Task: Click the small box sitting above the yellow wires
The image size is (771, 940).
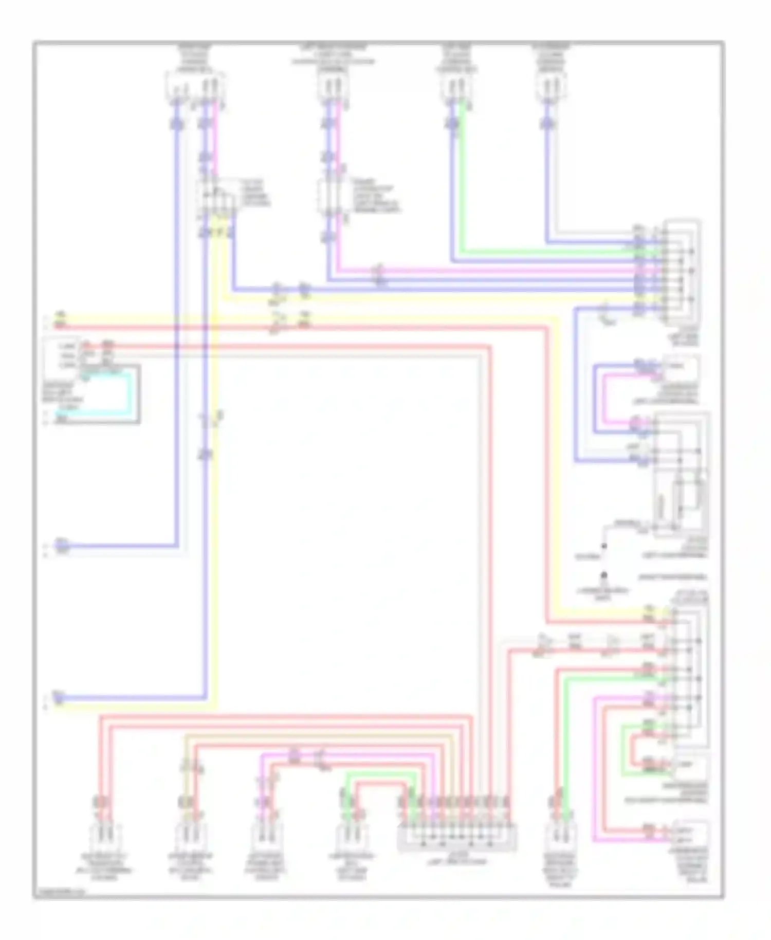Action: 215,198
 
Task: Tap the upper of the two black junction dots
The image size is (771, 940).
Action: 604,546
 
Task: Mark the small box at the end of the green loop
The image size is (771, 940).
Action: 689,766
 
